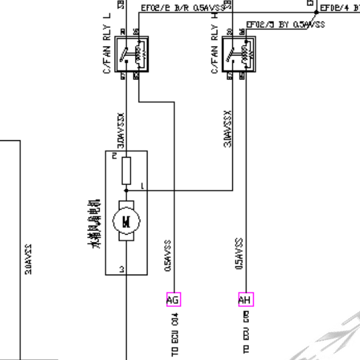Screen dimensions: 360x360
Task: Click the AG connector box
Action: (x=172, y=300)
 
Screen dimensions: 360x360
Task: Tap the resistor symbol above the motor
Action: (x=126, y=171)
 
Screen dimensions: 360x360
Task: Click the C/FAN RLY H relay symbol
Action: (x=238, y=55)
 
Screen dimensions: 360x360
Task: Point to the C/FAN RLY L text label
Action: (x=107, y=45)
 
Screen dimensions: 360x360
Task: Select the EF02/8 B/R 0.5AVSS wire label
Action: (x=183, y=8)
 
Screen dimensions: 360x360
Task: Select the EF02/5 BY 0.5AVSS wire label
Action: (x=285, y=24)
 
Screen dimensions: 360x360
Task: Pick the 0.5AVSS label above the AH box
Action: (x=239, y=254)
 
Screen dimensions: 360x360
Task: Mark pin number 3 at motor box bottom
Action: (x=122, y=270)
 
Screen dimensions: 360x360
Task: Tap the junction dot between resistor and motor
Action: (x=126, y=191)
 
